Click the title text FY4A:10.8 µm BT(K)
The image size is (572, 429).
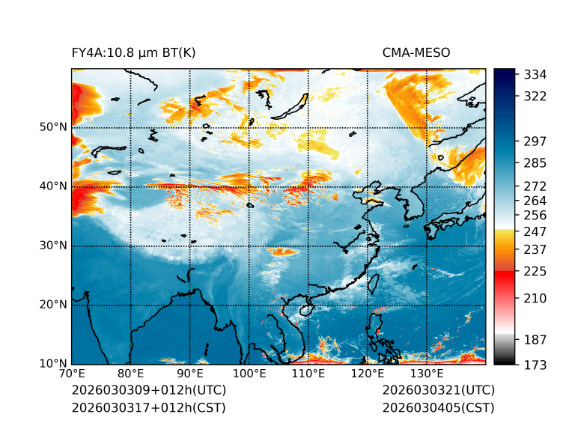[133, 52]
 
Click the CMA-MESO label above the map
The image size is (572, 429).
[416, 52]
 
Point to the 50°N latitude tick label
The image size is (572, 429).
[53, 127]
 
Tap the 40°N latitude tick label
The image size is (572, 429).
[53, 186]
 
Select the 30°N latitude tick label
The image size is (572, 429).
[53, 246]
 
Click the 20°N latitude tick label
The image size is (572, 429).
[53, 305]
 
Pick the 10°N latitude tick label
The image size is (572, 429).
[53, 364]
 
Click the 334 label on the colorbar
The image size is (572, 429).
[535, 75]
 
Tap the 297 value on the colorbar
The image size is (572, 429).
[535, 141]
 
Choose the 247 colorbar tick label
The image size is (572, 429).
[535, 230]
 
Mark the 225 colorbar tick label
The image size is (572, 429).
[535, 270]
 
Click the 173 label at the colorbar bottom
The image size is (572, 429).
[535, 365]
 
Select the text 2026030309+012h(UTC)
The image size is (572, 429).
[148, 390]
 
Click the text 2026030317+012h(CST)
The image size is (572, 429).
[148, 407]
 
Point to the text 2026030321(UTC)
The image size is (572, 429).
[438, 390]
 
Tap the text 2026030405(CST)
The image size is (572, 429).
[438, 407]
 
